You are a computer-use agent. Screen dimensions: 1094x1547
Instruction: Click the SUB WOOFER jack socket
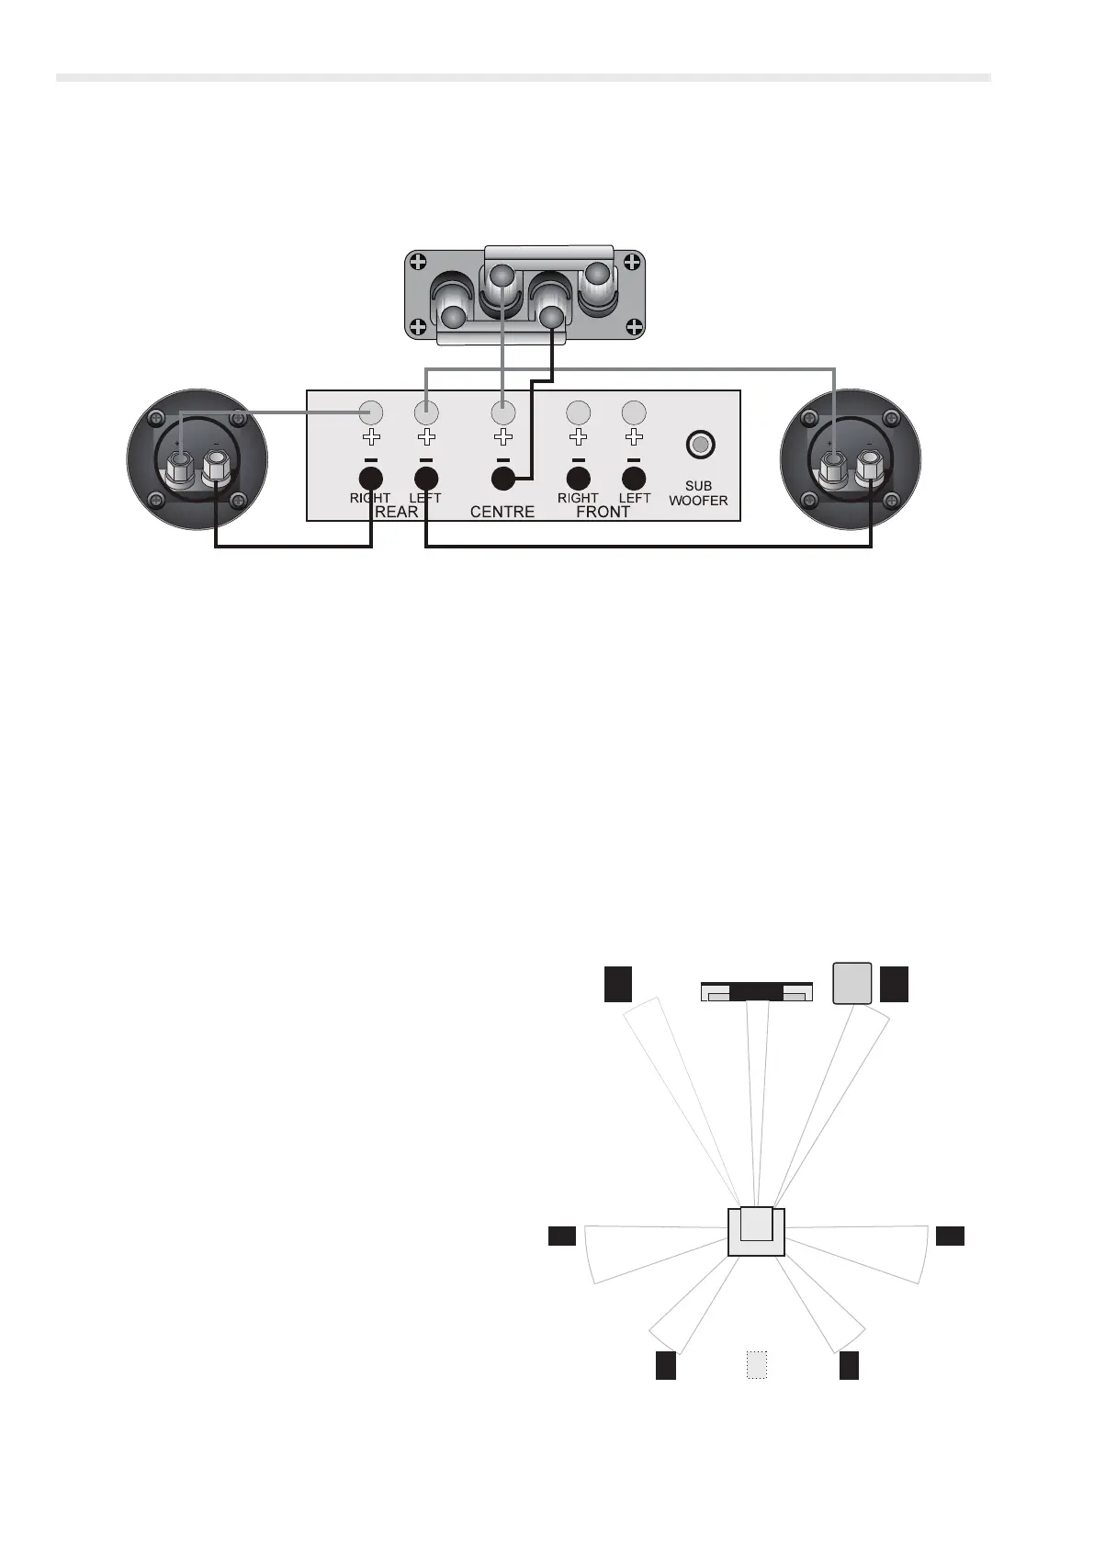coord(700,446)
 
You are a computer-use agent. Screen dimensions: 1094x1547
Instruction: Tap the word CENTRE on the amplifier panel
coord(502,512)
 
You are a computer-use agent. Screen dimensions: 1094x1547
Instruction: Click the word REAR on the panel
coord(396,512)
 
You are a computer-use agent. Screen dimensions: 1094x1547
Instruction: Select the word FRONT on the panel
coord(603,512)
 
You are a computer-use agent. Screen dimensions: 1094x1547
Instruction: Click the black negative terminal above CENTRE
coord(502,479)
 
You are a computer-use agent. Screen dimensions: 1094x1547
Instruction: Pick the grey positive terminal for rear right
coord(371,412)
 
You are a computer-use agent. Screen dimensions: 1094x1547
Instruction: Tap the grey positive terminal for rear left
coord(426,412)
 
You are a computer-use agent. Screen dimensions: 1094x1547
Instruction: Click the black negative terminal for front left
coord(634,479)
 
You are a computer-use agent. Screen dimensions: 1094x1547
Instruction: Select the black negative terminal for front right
coord(578,479)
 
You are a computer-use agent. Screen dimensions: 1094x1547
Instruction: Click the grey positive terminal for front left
coord(634,412)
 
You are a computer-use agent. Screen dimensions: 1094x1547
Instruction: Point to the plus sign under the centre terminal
coord(502,437)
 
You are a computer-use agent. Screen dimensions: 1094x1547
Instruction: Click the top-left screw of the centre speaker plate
coord(418,261)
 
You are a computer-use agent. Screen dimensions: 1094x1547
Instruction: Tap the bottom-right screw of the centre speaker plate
coord(633,326)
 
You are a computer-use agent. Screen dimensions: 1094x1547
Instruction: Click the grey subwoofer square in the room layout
coord(852,983)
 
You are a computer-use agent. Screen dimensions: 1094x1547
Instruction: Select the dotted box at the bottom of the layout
coord(756,1365)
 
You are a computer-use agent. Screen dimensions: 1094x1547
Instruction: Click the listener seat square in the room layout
coord(756,1231)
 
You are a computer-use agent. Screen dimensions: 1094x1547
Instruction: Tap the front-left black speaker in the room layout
coord(618,983)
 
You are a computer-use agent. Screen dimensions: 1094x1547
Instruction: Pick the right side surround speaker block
coord(950,1236)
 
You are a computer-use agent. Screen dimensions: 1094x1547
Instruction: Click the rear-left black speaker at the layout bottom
coord(666,1365)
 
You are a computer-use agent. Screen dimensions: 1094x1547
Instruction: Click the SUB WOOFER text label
coord(698,493)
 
